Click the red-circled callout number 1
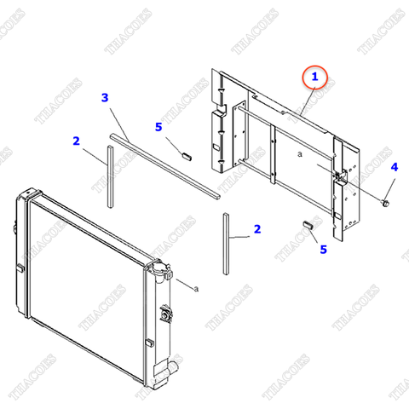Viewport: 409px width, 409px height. point(314,77)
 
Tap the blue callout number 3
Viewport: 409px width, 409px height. point(105,98)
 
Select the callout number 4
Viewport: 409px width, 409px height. point(395,167)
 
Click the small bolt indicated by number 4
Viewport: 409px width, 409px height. point(385,203)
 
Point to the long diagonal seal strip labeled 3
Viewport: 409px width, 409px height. point(165,166)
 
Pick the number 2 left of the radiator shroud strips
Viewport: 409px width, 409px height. point(76,141)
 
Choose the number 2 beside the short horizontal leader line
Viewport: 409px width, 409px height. point(257,229)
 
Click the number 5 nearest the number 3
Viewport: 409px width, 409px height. point(158,127)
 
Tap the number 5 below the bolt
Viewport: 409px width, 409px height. point(323,250)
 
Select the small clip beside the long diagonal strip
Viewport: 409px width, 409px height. point(187,156)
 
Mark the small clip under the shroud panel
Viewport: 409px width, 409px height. point(308,225)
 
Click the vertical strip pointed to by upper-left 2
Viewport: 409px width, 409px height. point(110,176)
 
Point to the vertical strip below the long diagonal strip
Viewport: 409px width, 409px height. point(226,244)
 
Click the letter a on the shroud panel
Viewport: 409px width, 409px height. point(300,154)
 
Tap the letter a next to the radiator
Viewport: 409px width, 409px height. point(196,289)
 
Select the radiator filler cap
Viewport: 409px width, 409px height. point(159,269)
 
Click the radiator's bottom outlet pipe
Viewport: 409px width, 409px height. point(172,366)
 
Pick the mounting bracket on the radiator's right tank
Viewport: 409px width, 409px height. point(165,314)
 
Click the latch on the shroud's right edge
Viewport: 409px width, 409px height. point(341,176)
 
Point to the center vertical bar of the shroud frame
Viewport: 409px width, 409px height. point(273,154)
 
